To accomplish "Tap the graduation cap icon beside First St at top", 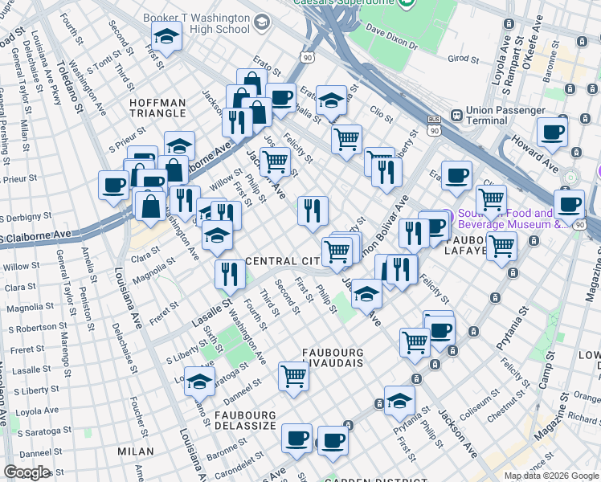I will pos(166,37).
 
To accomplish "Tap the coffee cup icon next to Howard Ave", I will pos(552,133).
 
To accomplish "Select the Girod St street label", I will pos(463,59).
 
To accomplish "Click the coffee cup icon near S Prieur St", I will pos(113,186).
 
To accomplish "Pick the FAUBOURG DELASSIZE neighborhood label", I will pos(245,420).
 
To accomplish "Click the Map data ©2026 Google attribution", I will pos(550,476).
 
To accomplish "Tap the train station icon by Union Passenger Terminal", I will pos(456,115).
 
